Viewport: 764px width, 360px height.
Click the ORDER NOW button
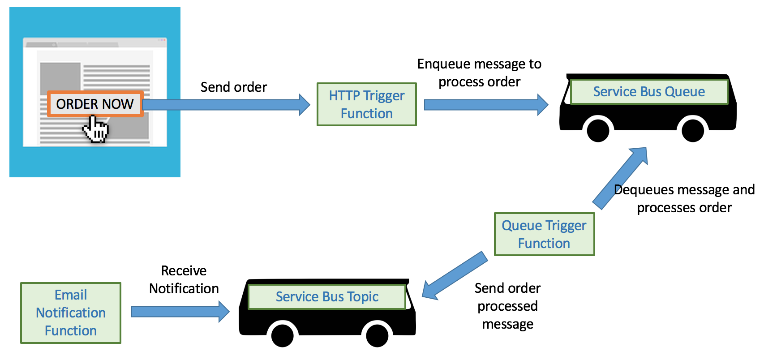point(95,104)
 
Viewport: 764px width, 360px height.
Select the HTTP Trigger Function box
point(366,104)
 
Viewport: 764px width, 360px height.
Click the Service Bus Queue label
point(648,92)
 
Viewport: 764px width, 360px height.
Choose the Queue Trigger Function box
point(544,234)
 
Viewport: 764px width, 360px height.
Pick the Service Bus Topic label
point(327,297)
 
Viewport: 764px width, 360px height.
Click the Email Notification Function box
point(71,313)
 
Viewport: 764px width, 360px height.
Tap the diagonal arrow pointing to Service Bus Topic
point(455,276)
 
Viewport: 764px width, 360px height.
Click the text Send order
point(233,87)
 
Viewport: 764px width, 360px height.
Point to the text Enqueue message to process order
point(479,73)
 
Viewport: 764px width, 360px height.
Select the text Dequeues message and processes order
point(684,199)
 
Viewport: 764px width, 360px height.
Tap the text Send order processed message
point(507,306)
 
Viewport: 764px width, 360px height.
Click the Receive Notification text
point(184,279)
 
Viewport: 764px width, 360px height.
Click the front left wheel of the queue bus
point(598,130)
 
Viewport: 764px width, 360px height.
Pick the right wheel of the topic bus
point(377,335)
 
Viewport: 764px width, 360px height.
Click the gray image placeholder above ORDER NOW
point(60,77)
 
